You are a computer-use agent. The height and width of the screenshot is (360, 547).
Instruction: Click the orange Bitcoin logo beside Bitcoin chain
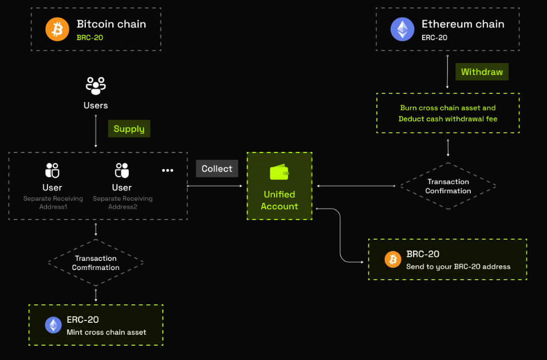coord(57,29)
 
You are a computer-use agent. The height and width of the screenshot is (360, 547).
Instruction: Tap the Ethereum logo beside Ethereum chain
coord(402,29)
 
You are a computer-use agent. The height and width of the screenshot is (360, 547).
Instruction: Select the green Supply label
coord(129,128)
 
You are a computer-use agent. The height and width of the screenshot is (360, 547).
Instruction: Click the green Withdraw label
coord(482,72)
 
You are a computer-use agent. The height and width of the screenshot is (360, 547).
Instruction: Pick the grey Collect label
coord(217,169)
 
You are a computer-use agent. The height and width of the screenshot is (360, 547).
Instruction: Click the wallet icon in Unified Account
coord(279,173)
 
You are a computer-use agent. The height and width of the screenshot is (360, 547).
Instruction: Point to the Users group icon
coord(96,85)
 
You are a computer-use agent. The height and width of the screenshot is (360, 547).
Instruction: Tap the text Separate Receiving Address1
coord(53,202)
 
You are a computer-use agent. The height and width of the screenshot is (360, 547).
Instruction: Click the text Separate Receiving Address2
coord(123,202)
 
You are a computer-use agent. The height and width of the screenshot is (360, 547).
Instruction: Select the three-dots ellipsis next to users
coord(167,171)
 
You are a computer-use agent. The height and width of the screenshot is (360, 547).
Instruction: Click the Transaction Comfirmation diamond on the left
coord(96,263)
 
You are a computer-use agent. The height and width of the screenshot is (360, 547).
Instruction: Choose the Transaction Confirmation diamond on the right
coord(448,186)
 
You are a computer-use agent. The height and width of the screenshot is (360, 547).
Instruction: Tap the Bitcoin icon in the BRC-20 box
coord(393,260)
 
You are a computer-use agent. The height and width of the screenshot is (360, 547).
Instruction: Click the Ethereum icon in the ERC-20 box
coord(53,326)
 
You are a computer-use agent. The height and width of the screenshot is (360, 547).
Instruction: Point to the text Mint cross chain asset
coord(106,332)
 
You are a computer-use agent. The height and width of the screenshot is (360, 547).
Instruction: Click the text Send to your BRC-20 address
coord(458,266)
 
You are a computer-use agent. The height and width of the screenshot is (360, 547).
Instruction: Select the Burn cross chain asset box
coord(448,113)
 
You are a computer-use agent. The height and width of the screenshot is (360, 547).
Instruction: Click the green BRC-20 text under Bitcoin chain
coord(89,37)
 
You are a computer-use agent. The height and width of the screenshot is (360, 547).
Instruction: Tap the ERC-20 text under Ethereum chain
coord(434,37)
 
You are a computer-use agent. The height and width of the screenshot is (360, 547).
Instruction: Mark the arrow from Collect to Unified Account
coord(215,186)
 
